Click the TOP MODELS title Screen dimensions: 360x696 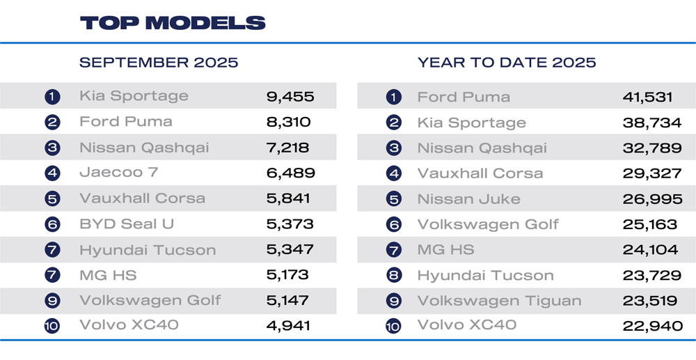[172, 23]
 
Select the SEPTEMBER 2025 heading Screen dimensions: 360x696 [159, 63]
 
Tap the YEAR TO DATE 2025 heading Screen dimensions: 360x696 [507, 63]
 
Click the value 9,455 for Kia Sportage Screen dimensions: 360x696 [290, 96]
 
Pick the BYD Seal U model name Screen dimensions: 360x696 [127, 224]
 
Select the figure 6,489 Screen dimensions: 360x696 [290, 173]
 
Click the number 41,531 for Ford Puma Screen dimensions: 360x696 [652, 97]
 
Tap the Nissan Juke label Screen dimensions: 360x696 [468, 199]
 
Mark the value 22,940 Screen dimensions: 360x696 [652, 326]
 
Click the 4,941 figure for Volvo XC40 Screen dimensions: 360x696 [290, 325]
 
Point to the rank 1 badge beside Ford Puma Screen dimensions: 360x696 [394, 97]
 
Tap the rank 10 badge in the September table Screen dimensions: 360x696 [52, 326]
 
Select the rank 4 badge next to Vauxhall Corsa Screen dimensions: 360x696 [394, 174]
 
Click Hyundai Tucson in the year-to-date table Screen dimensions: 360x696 [485, 276]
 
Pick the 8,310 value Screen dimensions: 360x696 [288, 122]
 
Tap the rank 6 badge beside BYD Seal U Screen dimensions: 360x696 [52, 225]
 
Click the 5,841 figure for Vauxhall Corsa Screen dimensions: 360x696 [288, 198]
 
